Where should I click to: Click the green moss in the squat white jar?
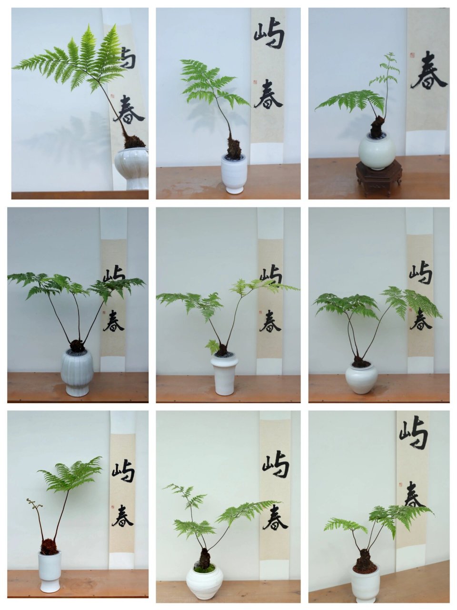(x=204, y=569)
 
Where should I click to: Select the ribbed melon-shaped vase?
(x=77, y=372)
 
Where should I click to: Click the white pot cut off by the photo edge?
(x=132, y=167)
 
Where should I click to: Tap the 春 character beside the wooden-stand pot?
(x=428, y=76)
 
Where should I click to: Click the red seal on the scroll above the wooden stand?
(x=412, y=55)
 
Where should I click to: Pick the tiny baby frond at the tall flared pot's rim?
(x=212, y=345)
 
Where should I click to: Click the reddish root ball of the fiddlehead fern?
(x=49, y=547)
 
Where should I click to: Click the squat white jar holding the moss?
(x=204, y=582)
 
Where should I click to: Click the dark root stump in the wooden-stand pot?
(x=378, y=127)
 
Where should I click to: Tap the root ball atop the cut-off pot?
(x=134, y=142)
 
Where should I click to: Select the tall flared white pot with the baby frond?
(x=225, y=374)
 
